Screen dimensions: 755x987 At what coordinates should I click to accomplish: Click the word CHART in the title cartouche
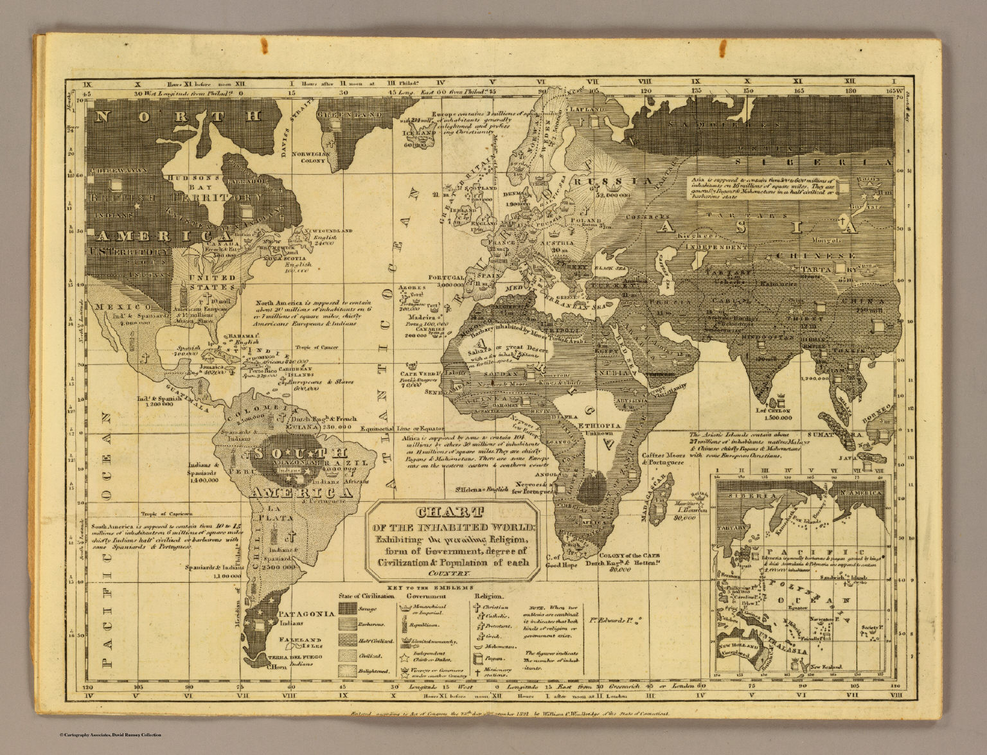tap(449, 513)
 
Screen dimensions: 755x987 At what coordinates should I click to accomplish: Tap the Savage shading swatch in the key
tap(350, 608)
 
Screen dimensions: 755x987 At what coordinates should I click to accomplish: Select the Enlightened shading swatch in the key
tap(350, 671)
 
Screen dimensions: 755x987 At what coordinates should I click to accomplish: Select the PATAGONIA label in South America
tap(307, 614)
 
